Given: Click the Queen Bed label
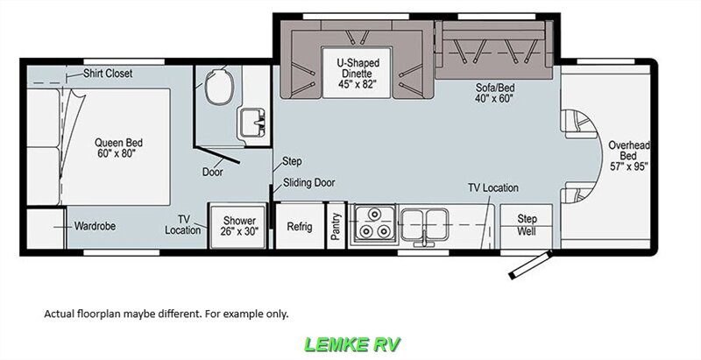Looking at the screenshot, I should pyautogui.click(x=121, y=147).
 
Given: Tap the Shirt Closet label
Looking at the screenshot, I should pyautogui.click(x=108, y=74).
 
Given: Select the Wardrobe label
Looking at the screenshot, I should pyautogui.click(x=94, y=226).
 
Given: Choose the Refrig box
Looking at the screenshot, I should pyautogui.click(x=300, y=226).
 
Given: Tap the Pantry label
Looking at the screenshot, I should pyautogui.click(x=336, y=225).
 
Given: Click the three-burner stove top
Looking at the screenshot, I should pyautogui.click(x=372, y=225).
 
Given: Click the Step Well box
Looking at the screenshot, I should pyautogui.click(x=527, y=225).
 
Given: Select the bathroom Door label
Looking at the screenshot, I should pyautogui.click(x=212, y=172).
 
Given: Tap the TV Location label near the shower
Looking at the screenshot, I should pyautogui.click(x=183, y=225).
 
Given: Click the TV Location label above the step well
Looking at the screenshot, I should pyautogui.click(x=492, y=187).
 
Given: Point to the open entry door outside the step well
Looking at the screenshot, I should pyautogui.click(x=529, y=265).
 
